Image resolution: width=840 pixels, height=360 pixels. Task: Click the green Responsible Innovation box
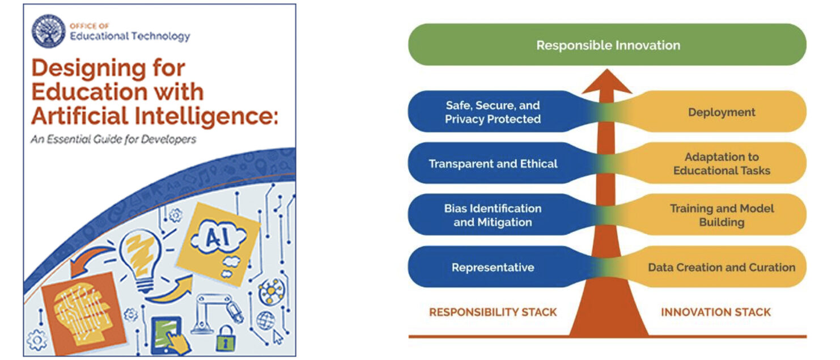608,45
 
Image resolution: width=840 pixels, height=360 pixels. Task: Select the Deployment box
722,112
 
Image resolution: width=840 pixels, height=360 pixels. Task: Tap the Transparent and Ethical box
493,164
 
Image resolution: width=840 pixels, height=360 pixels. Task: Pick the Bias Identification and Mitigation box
493,215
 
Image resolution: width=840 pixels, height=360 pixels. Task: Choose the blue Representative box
493,267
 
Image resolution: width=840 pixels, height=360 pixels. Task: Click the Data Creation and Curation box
722,267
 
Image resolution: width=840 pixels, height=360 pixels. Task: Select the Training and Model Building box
722,215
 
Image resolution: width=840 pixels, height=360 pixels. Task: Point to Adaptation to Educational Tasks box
722,163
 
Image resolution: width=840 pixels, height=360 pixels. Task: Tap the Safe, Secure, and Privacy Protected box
493,112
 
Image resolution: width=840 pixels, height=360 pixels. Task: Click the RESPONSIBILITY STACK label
493,312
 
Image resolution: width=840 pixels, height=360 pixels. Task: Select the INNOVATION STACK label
716,312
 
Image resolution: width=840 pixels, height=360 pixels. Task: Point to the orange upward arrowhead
607,82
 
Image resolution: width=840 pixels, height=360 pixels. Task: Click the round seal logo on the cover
49,32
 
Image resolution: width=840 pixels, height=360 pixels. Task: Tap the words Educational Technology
129,37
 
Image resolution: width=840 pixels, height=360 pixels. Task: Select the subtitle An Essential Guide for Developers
113,138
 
